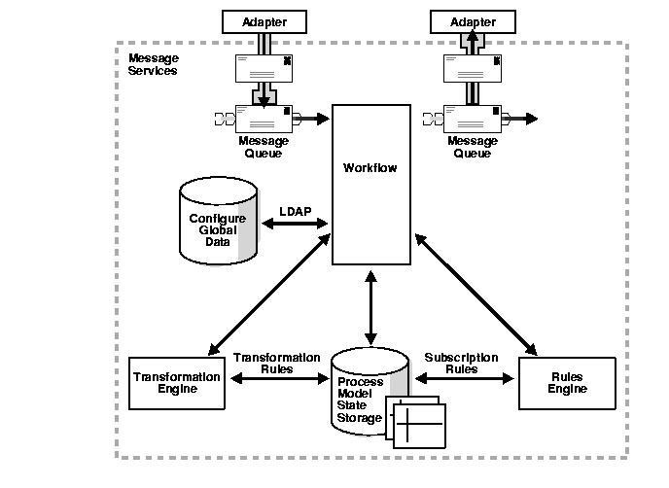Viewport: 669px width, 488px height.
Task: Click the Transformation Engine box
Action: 176,382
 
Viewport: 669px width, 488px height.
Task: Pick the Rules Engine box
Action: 567,383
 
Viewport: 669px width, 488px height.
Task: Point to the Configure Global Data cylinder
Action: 218,225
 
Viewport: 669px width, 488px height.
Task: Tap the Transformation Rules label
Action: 276,363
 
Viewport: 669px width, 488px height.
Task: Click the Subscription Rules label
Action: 461,363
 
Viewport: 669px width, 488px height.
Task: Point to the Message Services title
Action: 153,65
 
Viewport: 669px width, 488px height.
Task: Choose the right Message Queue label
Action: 472,147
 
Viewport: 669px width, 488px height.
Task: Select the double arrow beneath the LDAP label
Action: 295,225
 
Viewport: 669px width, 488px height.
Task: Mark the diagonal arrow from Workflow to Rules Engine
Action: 476,292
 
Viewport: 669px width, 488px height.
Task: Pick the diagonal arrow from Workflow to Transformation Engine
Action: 268,291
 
